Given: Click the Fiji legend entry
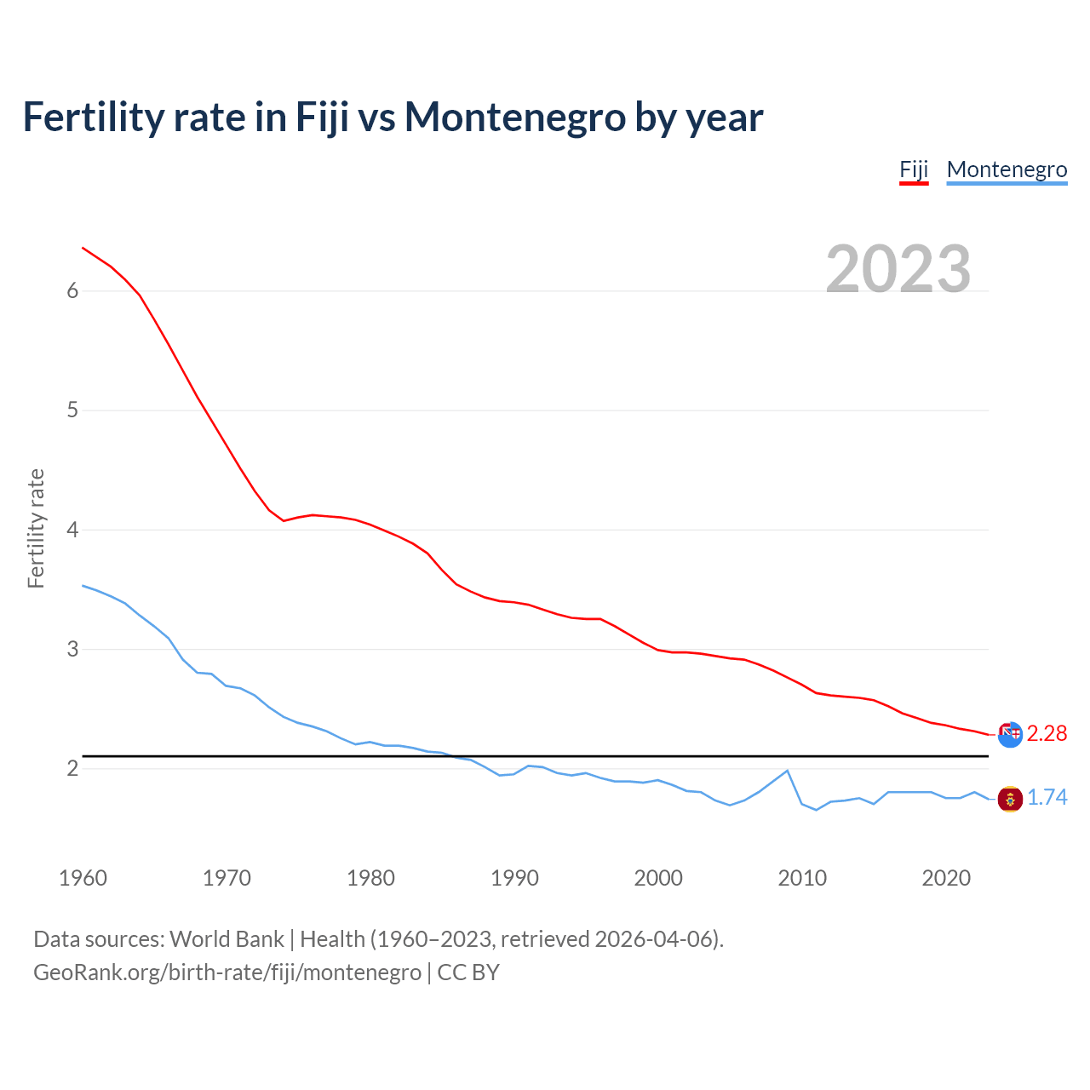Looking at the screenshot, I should pos(914,169).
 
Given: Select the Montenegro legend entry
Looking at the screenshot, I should pos(1007,169).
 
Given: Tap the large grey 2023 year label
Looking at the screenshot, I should pos(898,269).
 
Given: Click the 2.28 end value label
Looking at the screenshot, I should pos(1047,733).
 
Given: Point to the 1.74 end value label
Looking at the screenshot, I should pos(1047,797).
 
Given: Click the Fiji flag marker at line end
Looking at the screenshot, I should pos(1010,734).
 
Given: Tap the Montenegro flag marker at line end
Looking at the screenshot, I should pos(1010,799).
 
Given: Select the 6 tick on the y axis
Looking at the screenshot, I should pos(72,291).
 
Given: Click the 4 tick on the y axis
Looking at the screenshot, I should pos(72,530).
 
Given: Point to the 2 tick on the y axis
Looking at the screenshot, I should pos(72,769).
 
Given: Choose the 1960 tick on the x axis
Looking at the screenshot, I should pos(83,878).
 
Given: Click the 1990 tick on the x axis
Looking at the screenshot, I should pos(514,878).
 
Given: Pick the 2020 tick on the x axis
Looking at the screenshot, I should pos(946,878).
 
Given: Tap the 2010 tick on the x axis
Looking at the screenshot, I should pos(802,878).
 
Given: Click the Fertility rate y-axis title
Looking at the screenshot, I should pos(36,528).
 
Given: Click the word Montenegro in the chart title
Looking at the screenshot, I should pos(515,117).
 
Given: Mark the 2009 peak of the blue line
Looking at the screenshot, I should pos(787,771).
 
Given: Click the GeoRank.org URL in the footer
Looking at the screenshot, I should pos(227,972).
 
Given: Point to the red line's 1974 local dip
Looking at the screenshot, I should pos(284,520).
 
